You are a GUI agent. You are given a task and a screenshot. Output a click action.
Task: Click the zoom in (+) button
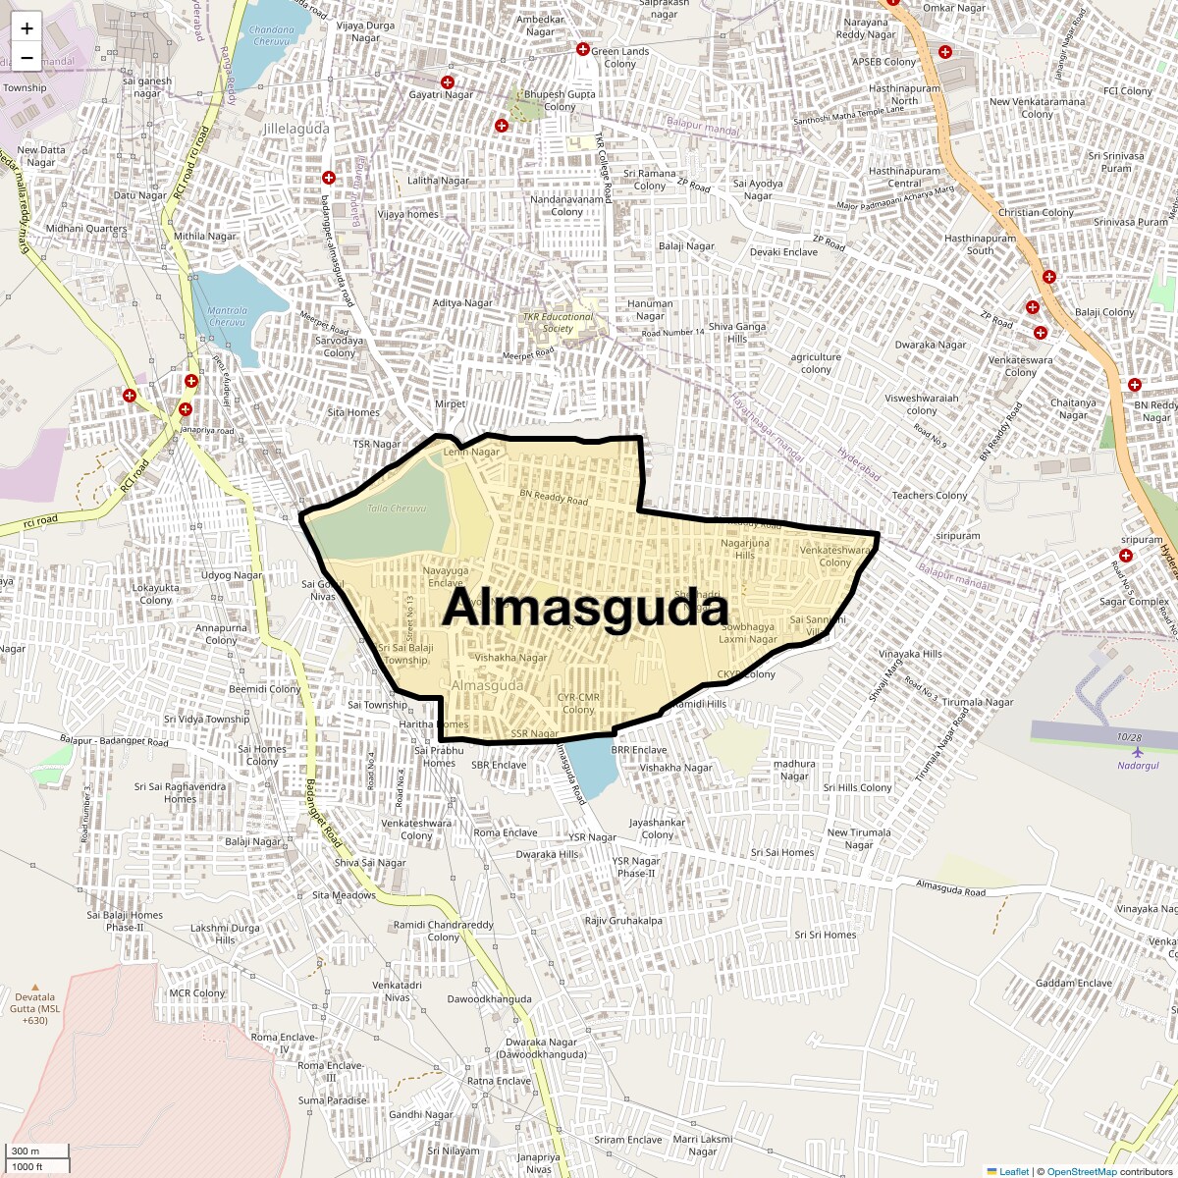(x=27, y=28)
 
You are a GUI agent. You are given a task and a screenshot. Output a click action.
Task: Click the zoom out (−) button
(x=27, y=58)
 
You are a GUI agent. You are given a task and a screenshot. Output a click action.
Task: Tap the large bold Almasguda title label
(x=585, y=608)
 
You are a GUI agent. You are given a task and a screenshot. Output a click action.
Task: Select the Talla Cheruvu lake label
(x=397, y=509)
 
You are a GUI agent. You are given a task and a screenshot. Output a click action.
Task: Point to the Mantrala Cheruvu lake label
(x=228, y=316)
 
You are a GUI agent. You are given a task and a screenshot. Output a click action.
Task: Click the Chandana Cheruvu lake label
(x=273, y=35)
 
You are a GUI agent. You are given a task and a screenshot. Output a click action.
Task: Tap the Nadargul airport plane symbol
(x=1138, y=752)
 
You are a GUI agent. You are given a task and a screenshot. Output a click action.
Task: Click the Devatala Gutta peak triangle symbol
(x=36, y=987)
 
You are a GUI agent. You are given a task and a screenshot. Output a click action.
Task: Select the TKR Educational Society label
(x=558, y=322)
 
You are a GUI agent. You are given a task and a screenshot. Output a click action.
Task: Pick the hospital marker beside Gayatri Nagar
(x=448, y=81)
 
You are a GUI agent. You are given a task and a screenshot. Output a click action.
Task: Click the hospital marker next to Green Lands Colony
(x=582, y=49)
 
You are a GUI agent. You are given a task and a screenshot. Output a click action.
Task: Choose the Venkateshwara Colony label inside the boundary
(x=835, y=557)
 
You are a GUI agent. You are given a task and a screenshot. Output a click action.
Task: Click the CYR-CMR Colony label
(x=578, y=703)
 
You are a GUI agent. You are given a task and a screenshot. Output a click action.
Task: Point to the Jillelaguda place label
(x=296, y=129)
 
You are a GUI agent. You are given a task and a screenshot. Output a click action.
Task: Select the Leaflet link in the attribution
(x=1013, y=1171)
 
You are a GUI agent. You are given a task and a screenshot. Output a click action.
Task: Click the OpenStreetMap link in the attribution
(x=1081, y=1171)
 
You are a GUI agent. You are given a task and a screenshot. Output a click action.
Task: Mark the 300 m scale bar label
(x=27, y=1151)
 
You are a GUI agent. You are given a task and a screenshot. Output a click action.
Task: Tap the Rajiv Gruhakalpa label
(x=623, y=921)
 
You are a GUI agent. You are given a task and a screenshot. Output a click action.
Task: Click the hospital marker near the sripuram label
(x=1126, y=556)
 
